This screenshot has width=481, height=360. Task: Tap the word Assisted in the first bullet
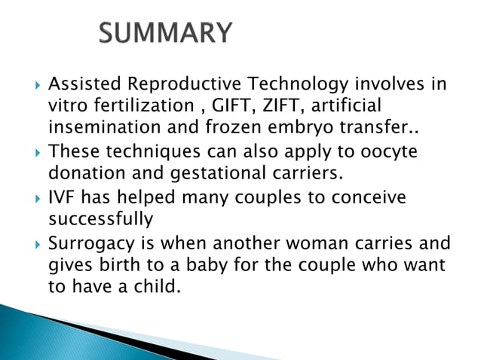pyautogui.click(x=81, y=83)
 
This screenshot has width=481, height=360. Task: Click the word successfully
pyautogui.click(x=100, y=219)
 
